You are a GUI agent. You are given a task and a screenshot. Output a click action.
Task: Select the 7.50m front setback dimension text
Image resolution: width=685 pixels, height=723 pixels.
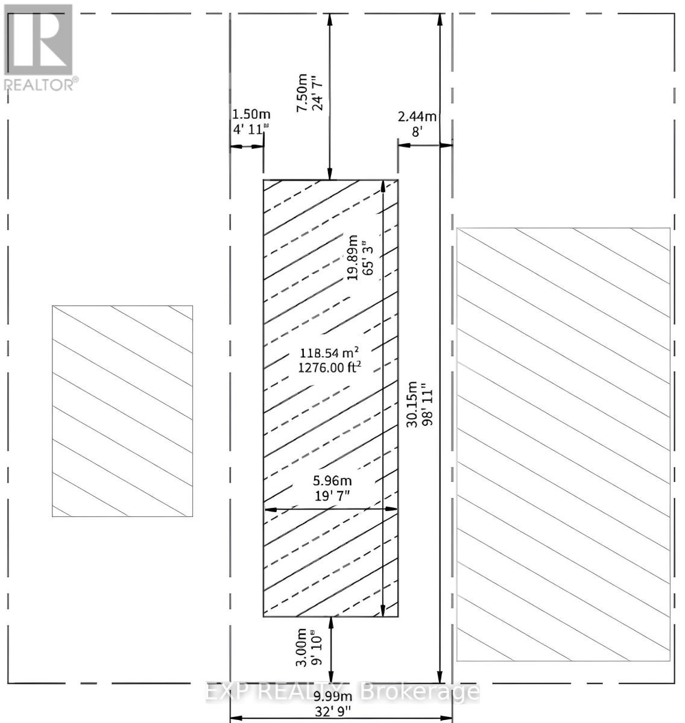[x=302, y=92]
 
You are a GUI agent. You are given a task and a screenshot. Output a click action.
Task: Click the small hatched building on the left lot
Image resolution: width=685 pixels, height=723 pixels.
[x=122, y=411]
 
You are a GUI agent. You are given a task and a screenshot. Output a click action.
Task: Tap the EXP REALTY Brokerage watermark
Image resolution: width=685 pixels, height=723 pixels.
[x=342, y=692]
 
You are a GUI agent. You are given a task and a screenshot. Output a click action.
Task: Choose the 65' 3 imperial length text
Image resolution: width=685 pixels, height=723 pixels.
[x=367, y=259]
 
